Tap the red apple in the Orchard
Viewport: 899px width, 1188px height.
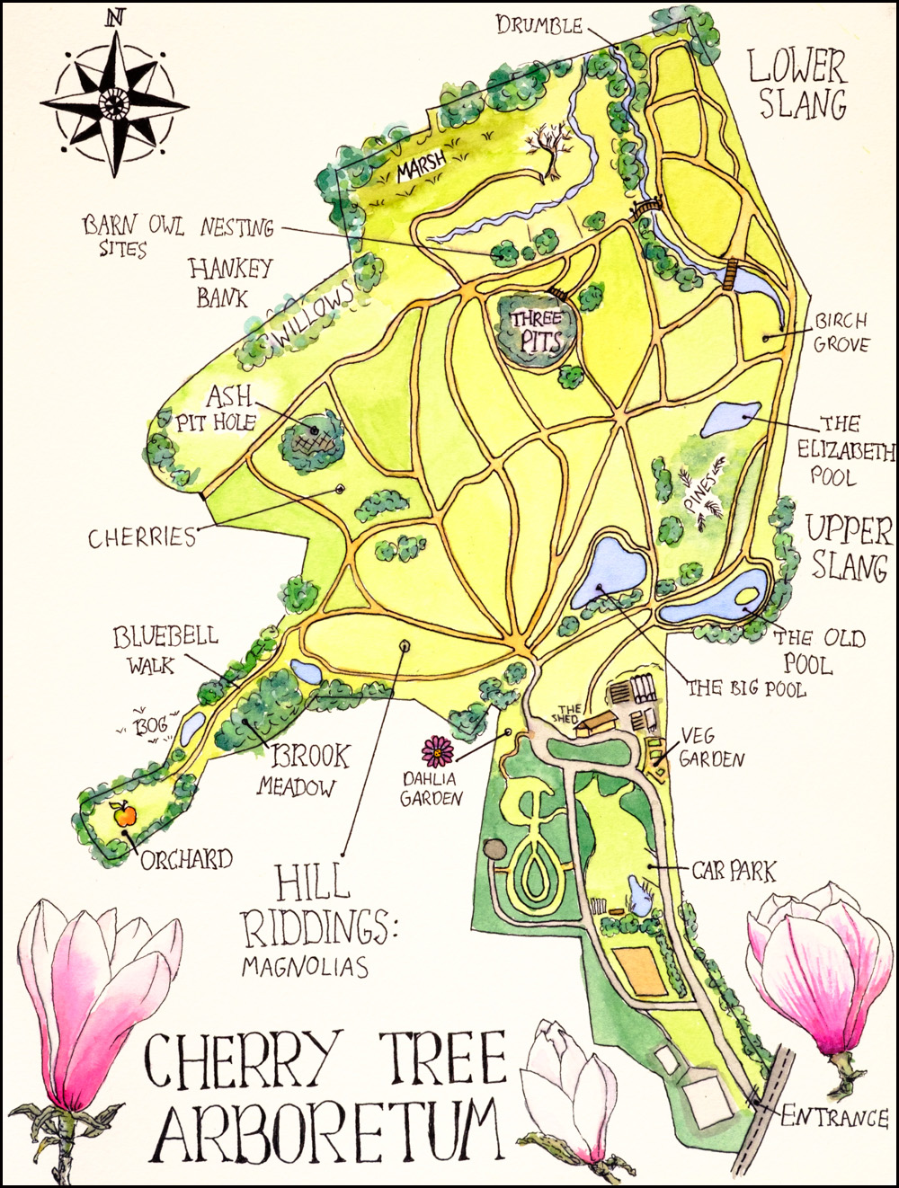pos(124,815)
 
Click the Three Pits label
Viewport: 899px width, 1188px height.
pos(538,330)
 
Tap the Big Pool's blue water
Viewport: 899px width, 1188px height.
pos(611,570)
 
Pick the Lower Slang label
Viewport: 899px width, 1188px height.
pos(798,85)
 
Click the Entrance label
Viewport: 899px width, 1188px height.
pos(833,1117)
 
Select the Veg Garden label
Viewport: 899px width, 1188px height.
pos(710,748)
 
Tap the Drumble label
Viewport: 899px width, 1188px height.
pos(539,26)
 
